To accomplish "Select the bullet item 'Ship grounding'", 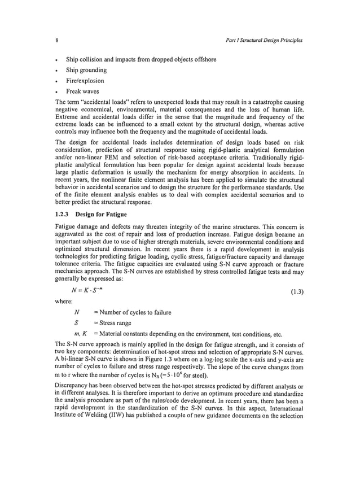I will (x=86, y=70).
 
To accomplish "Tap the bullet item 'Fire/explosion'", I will (x=85, y=81).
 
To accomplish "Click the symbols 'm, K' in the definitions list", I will (x=78, y=334).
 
